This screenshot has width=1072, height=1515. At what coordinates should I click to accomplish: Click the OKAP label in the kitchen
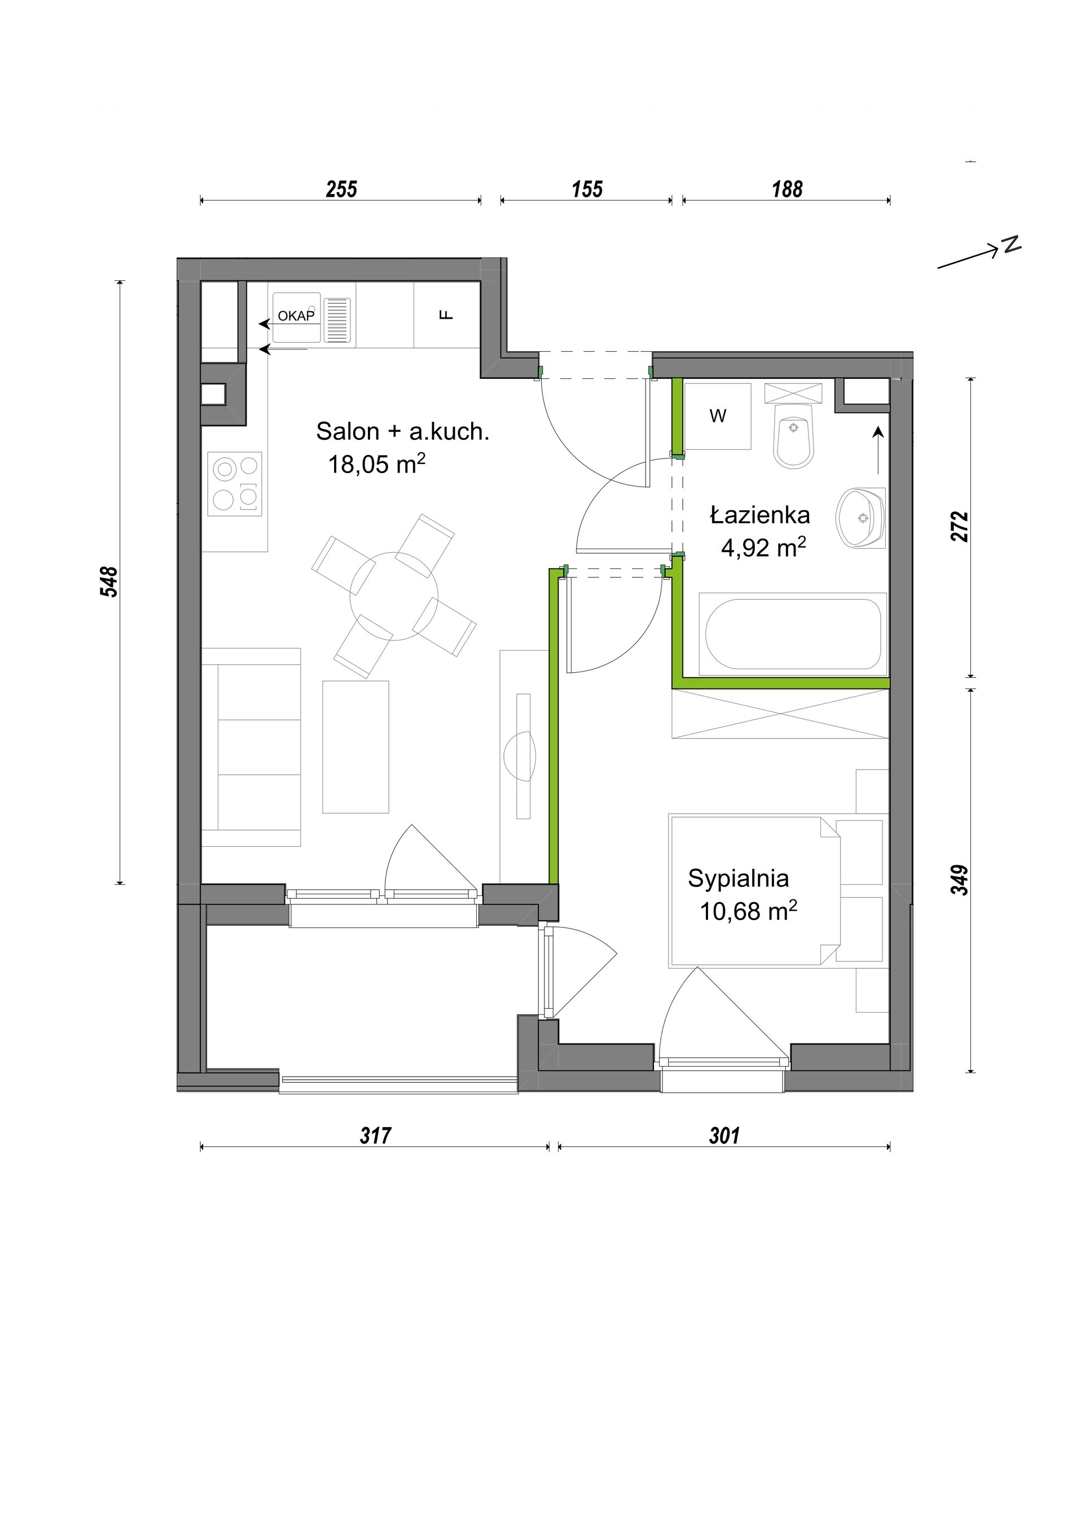pyautogui.click(x=296, y=316)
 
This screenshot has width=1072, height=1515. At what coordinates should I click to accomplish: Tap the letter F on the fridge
pyautogui.click(x=447, y=315)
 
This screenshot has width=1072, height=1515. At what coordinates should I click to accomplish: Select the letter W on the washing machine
pyautogui.click(x=718, y=416)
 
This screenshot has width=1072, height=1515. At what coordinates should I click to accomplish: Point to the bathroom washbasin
pyautogui.click(x=861, y=518)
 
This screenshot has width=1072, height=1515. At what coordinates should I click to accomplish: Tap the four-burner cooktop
pyautogui.click(x=235, y=484)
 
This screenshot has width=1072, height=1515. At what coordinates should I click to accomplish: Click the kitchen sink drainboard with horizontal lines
pyautogui.click(x=337, y=320)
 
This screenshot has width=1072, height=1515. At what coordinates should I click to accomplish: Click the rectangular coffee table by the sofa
pyautogui.click(x=356, y=747)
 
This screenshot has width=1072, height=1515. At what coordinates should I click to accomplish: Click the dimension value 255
pyautogui.click(x=341, y=189)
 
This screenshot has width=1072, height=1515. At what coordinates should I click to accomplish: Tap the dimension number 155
pyautogui.click(x=587, y=189)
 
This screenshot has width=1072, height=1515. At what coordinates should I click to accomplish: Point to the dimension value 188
pyautogui.click(x=787, y=189)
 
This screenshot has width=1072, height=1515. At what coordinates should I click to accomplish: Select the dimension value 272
pyautogui.click(x=960, y=527)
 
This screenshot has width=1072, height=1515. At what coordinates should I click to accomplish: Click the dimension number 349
pyautogui.click(x=960, y=880)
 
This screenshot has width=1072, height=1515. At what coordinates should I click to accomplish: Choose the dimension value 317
pyautogui.click(x=375, y=1136)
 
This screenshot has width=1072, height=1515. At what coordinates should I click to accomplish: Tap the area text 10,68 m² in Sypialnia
pyautogui.click(x=749, y=911)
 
